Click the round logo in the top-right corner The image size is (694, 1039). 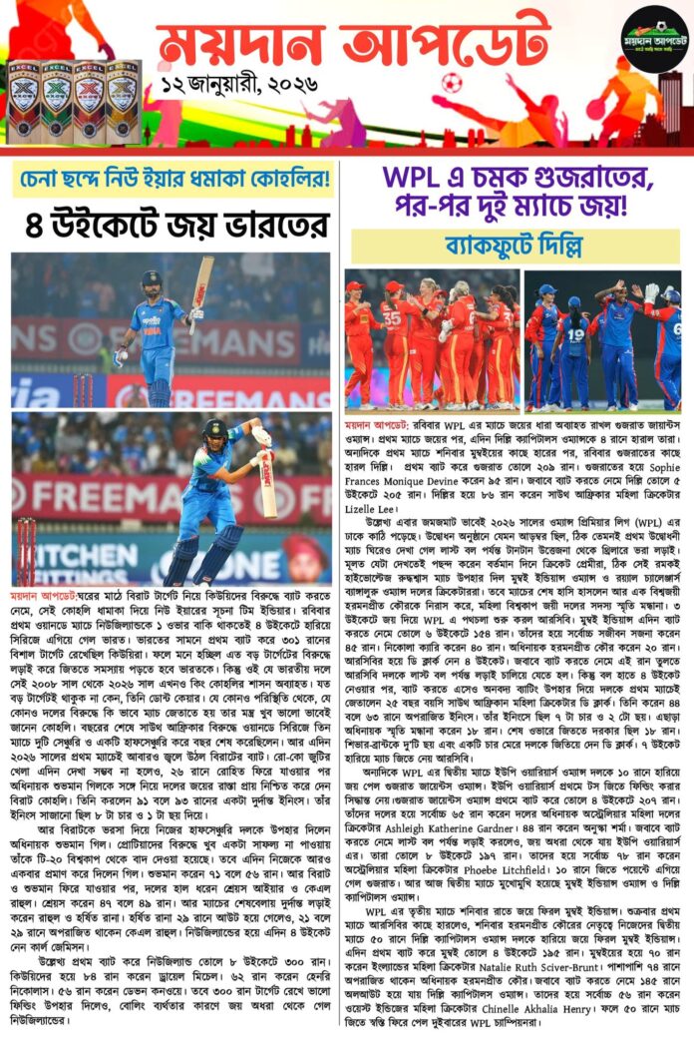pos(654,39)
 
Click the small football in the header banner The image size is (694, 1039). pos(452,83)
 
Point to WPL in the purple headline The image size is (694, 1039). pos(415,179)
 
